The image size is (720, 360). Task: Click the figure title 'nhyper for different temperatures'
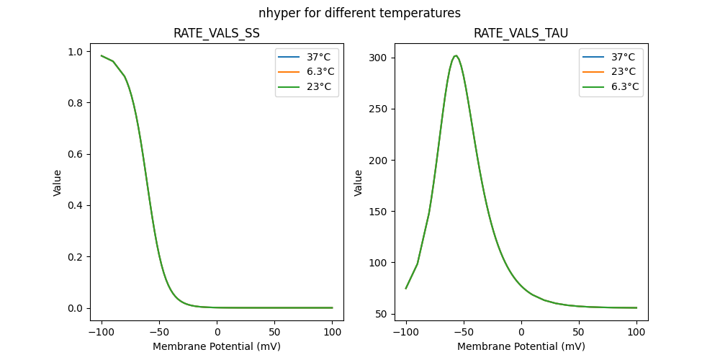[x=360, y=13]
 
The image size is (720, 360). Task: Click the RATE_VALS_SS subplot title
[x=217, y=34]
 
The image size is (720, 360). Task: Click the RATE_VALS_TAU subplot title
[x=521, y=34]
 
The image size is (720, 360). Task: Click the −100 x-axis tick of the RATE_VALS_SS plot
[x=102, y=333]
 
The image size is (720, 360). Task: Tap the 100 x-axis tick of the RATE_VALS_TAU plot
[x=636, y=333]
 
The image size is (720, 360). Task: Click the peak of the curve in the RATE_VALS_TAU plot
[x=455, y=55]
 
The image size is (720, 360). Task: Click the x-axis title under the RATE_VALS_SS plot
[x=217, y=346]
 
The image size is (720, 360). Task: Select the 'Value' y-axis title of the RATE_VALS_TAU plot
[x=358, y=183]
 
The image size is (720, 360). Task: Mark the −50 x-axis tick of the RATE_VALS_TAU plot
[x=464, y=333]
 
